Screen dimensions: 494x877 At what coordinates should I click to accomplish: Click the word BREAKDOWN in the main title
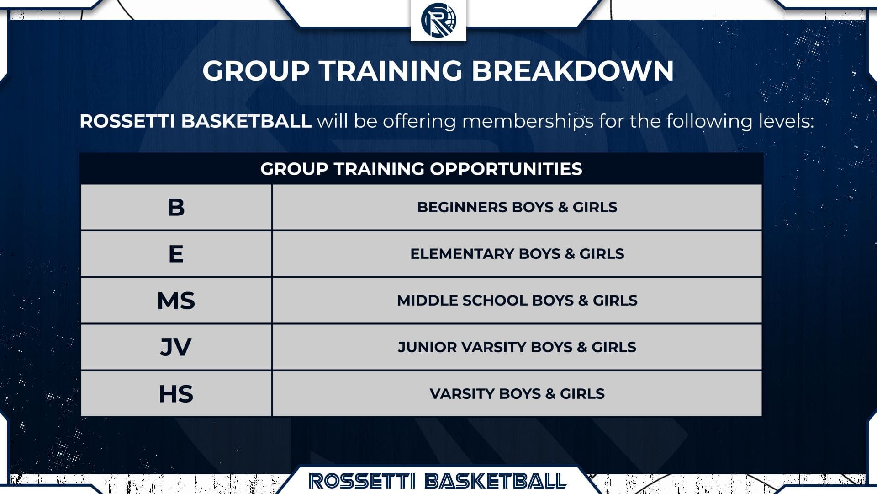(572, 70)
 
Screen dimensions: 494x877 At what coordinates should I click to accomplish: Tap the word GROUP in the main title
(256, 70)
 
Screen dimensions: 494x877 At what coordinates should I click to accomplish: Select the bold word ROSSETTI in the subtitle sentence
(127, 121)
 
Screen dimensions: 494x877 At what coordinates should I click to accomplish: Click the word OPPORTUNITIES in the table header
(506, 169)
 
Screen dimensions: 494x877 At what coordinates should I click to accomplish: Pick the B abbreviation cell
(176, 207)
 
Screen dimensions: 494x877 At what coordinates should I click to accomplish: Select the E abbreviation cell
(176, 254)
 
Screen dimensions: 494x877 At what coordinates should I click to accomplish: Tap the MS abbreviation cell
(176, 301)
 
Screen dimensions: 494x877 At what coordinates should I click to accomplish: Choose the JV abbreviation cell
(176, 347)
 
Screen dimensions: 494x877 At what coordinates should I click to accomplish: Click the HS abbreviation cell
(176, 394)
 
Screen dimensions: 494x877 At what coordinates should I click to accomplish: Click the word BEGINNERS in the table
(462, 207)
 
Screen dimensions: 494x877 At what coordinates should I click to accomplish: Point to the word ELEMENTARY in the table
(462, 254)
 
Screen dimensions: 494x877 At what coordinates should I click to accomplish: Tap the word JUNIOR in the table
(427, 347)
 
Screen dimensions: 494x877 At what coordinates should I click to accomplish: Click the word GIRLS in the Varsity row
(582, 394)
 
